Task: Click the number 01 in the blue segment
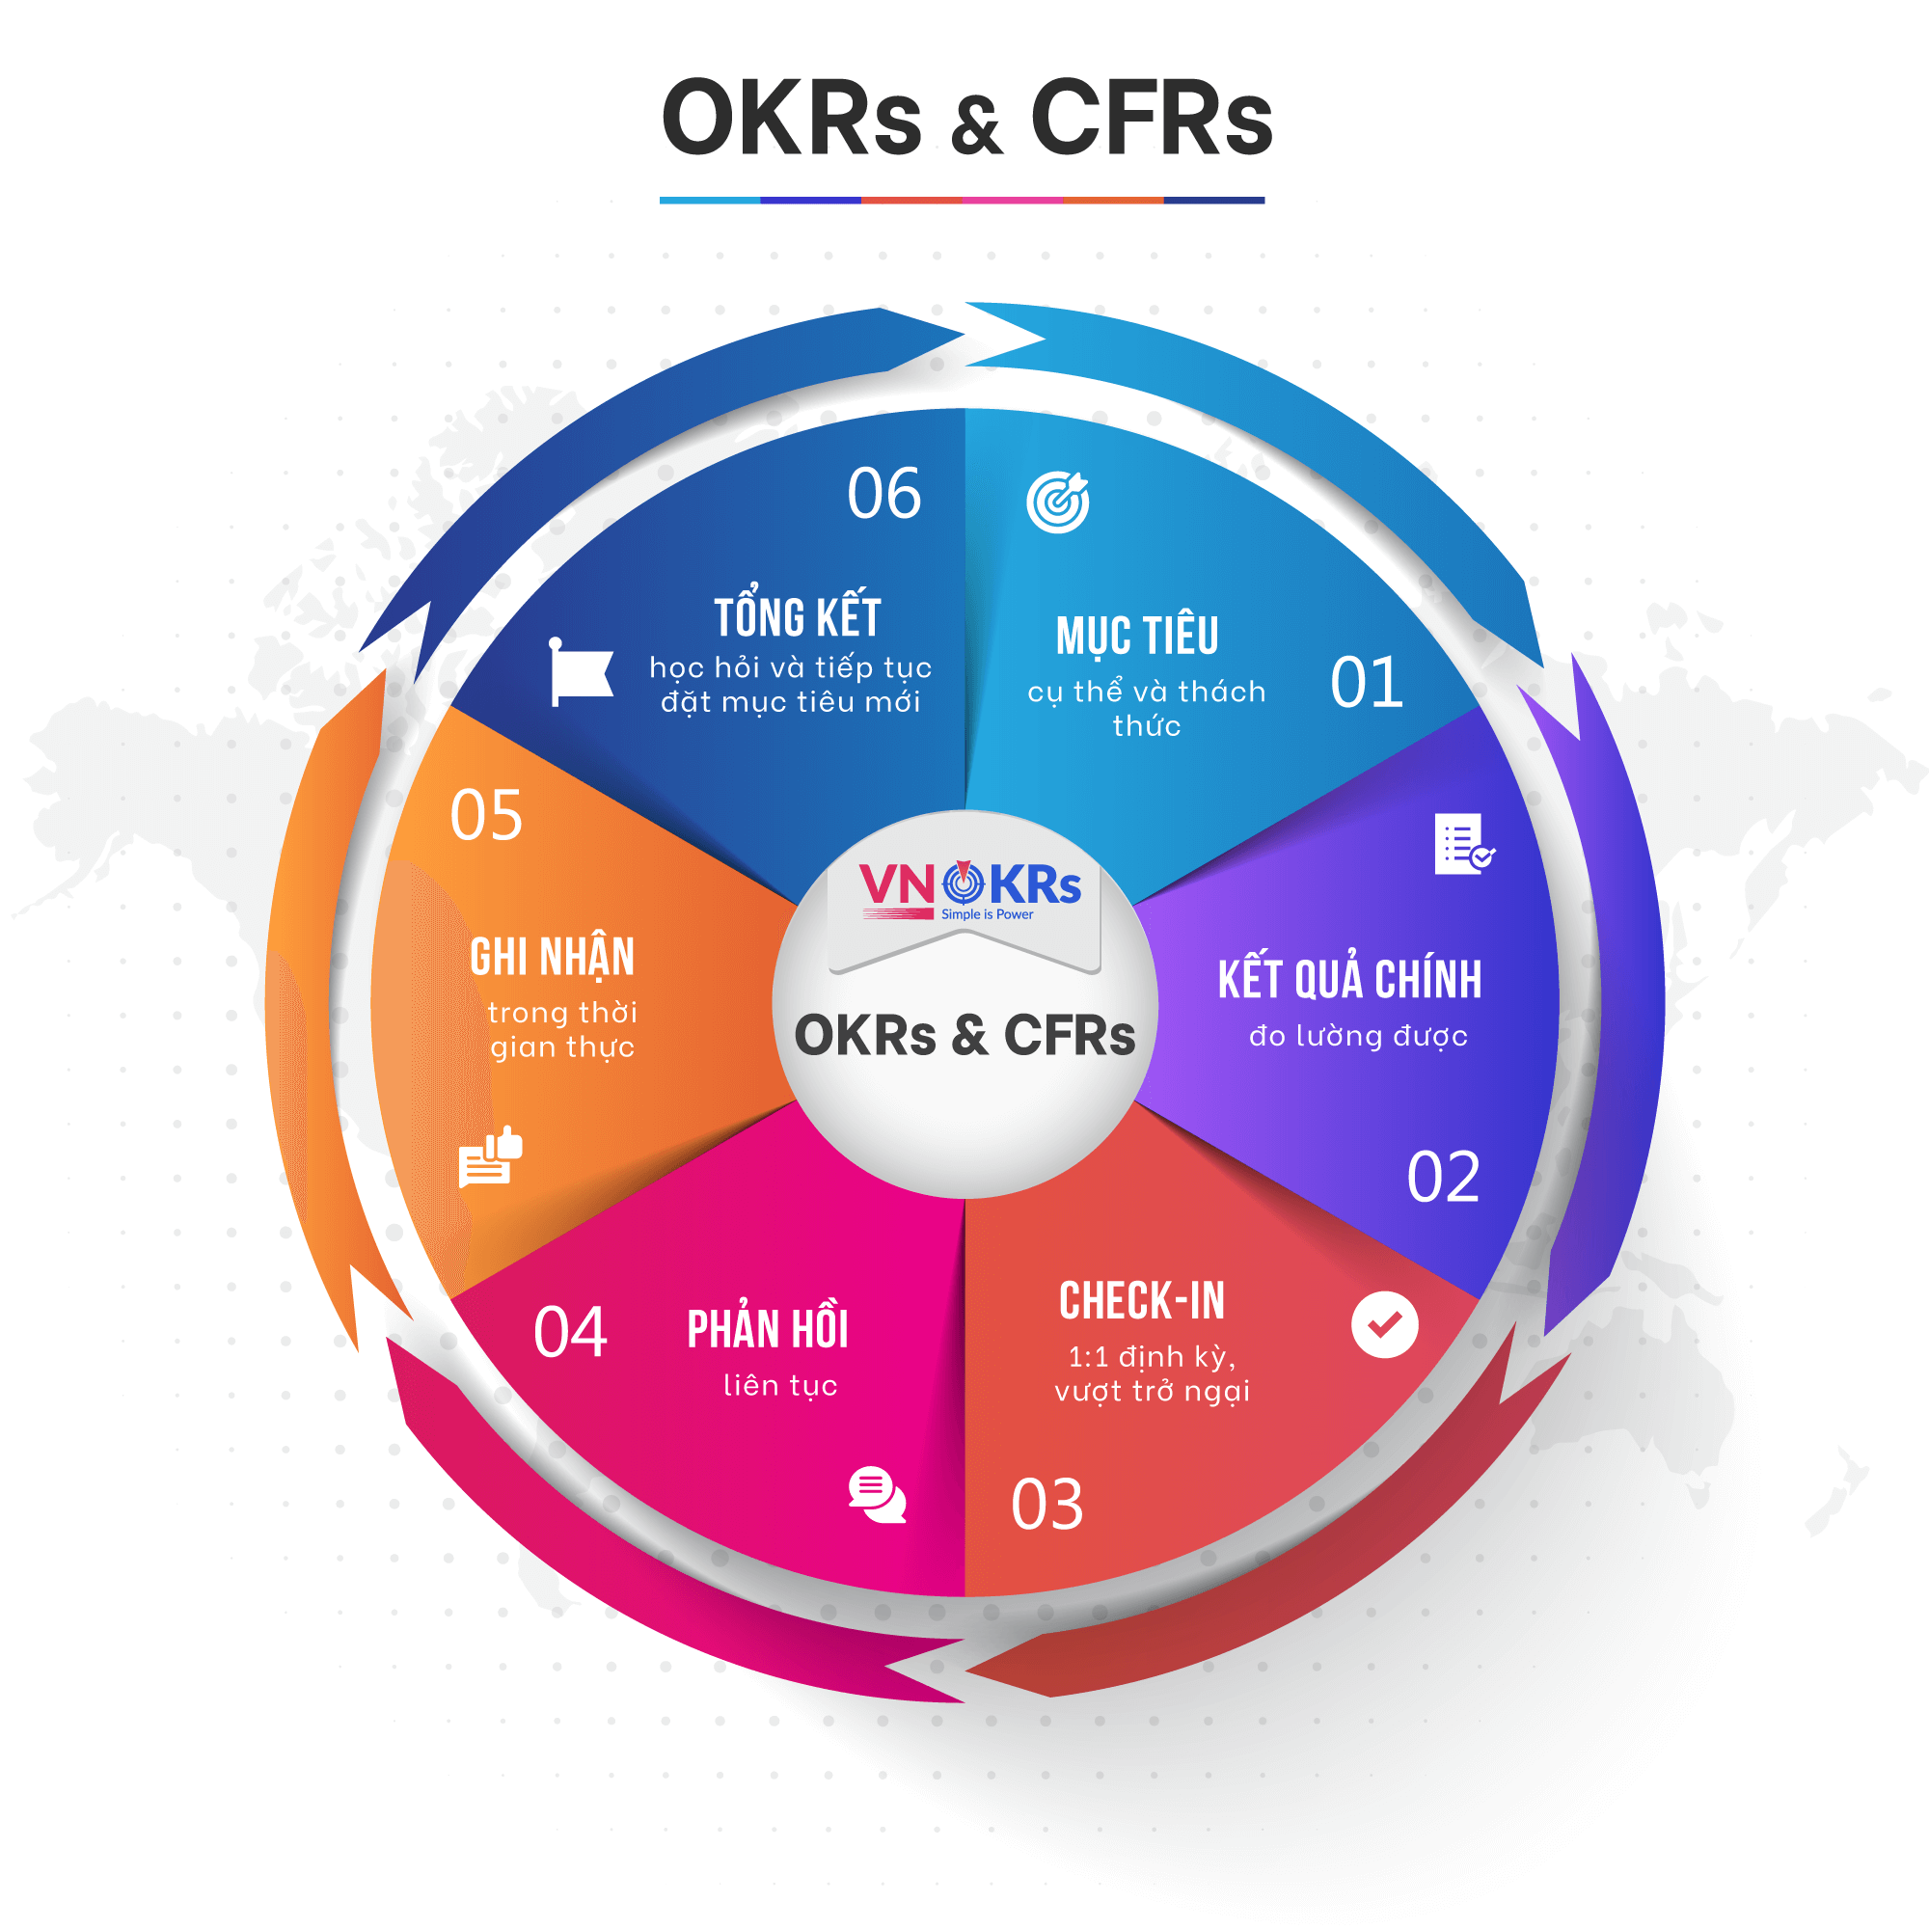(1366, 683)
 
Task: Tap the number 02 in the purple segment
(1443, 1176)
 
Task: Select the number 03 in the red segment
(1046, 1505)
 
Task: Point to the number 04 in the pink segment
(570, 1332)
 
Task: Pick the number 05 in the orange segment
(486, 816)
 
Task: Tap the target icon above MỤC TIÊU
(1058, 502)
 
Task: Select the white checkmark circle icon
(1385, 1325)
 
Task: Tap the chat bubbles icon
(878, 1494)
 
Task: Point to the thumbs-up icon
(490, 1157)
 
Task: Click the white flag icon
(580, 672)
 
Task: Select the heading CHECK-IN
(1141, 1301)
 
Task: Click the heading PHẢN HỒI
(768, 1329)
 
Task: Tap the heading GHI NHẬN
(552, 957)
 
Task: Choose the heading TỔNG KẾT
(797, 613)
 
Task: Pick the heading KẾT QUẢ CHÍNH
(1349, 976)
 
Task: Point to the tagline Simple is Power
(987, 914)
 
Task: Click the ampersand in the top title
(975, 124)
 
